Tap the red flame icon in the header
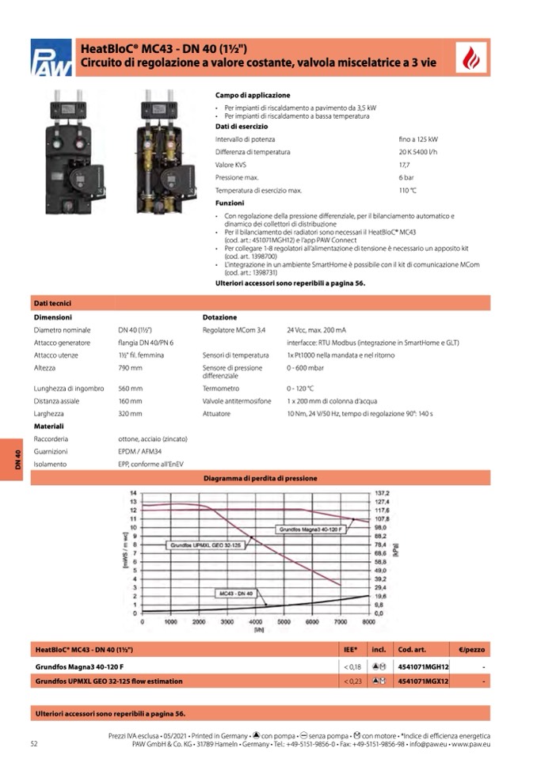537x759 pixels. click(472, 58)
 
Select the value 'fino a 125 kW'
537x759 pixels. click(418, 139)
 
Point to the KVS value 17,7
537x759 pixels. click(404, 165)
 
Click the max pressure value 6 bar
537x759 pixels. click(406, 177)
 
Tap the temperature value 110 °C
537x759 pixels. click(408, 191)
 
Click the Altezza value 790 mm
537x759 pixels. click(130, 368)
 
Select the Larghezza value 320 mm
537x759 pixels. click(130, 414)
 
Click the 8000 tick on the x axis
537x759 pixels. click(367, 623)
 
